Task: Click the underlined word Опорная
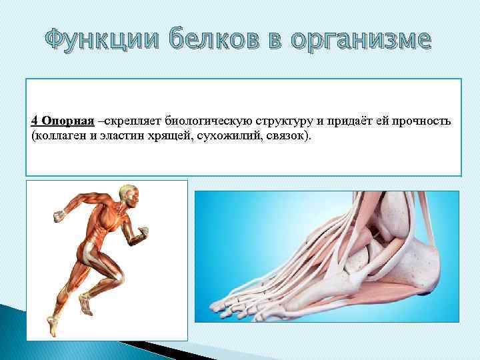[x=67, y=121]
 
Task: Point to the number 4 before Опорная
[x=34, y=121]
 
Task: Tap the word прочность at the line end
[x=427, y=121]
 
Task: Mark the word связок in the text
[x=273, y=135]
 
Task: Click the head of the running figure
[x=130, y=195]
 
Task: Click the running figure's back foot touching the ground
[x=53, y=327]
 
